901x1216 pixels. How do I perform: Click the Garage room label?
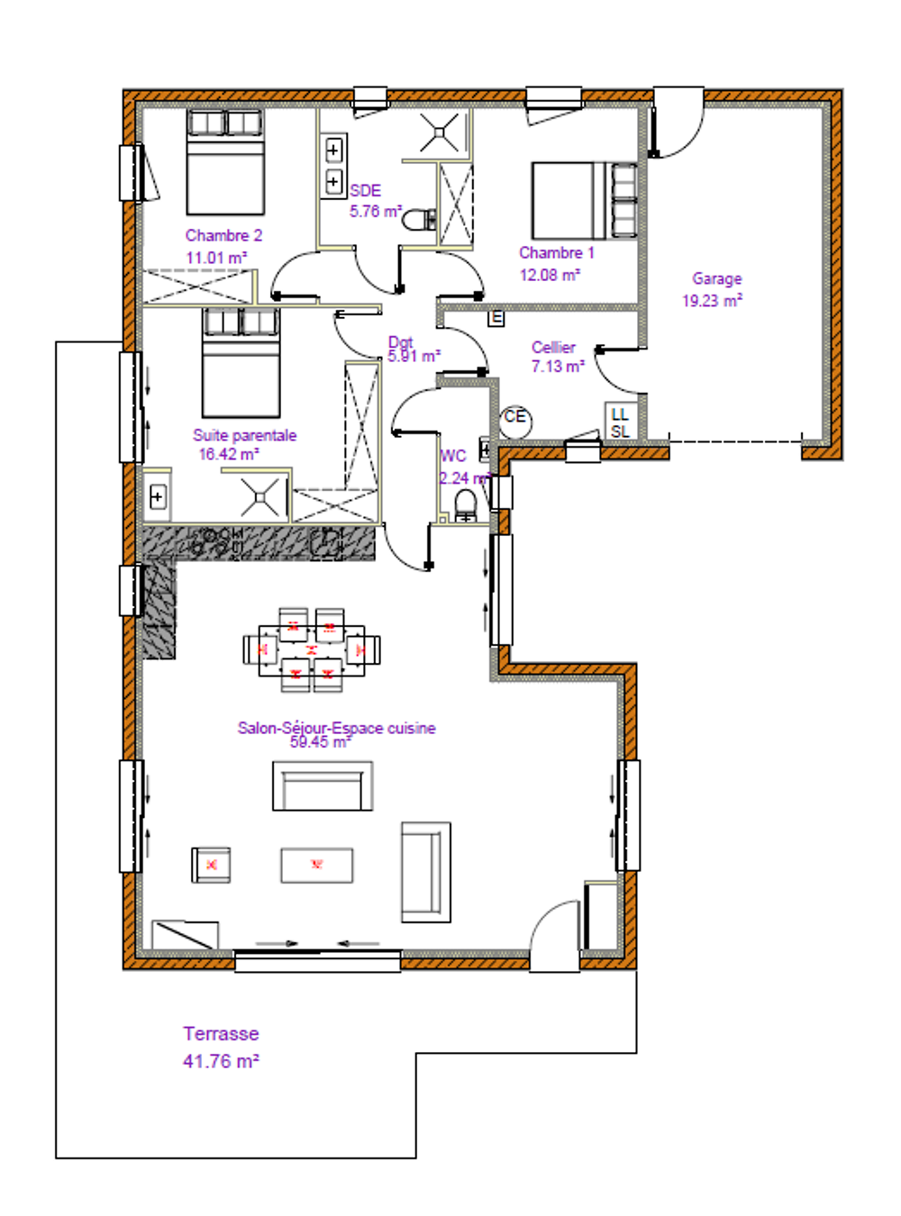pos(716,279)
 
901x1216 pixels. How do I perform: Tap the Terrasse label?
pos(221,1034)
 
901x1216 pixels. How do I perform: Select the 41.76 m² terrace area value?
pos(221,1062)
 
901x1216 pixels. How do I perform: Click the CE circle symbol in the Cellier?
pos(515,418)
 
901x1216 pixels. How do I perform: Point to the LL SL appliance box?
pos(620,422)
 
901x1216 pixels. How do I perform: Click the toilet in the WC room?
pos(465,504)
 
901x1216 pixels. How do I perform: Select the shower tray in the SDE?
pos(440,132)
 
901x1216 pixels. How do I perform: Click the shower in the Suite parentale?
pos(260,496)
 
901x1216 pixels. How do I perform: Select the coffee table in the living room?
pos(316,865)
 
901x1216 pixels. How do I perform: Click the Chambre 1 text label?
pos(556,253)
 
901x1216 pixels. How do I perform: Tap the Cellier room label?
pos(553,347)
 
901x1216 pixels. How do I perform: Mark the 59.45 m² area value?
pos(320,742)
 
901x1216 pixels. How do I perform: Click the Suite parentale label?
pos(244,435)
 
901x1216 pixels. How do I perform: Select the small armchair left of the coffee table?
pos(211,865)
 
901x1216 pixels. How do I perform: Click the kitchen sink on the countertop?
pos(326,542)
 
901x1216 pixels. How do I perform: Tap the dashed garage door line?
pos(735,441)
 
